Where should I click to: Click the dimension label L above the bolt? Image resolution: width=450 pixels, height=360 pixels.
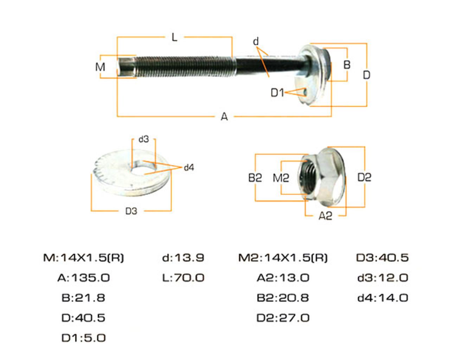(x=174, y=38)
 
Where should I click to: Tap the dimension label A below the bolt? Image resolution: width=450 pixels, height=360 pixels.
(x=224, y=116)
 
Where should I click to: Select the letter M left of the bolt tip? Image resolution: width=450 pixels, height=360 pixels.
(x=100, y=67)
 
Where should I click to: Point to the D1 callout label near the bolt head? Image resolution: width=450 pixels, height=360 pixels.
(x=277, y=93)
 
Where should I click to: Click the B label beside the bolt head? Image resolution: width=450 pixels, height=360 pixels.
(x=347, y=65)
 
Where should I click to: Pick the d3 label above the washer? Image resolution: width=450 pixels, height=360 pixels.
(x=144, y=139)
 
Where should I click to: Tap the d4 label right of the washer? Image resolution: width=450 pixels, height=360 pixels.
(x=189, y=168)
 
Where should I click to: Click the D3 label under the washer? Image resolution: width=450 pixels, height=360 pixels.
(x=131, y=211)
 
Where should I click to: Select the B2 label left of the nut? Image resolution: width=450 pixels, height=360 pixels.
(x=255, y=178)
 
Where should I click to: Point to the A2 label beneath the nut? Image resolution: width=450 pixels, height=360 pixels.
(x=326, y=216)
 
